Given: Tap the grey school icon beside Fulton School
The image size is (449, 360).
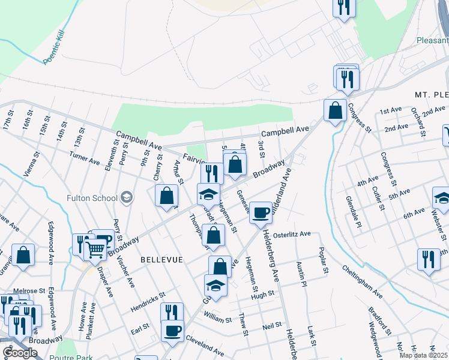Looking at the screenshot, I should tap(127, 196).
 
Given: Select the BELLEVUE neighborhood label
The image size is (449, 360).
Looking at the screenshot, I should tap(160, 259).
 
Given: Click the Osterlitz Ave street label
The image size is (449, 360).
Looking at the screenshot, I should tap(292, 233).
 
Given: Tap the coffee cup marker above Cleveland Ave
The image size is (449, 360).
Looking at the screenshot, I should tap(172, 330).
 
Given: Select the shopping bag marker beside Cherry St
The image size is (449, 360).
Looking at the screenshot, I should tap(166, 195).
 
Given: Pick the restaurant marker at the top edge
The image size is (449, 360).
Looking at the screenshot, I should tap(344, 7).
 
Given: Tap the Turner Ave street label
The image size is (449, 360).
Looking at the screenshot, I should tap(85, 158).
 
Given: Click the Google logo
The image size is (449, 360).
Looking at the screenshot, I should tap(20, 353).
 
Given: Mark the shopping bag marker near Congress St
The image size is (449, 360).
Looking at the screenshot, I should tap(334, 110).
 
